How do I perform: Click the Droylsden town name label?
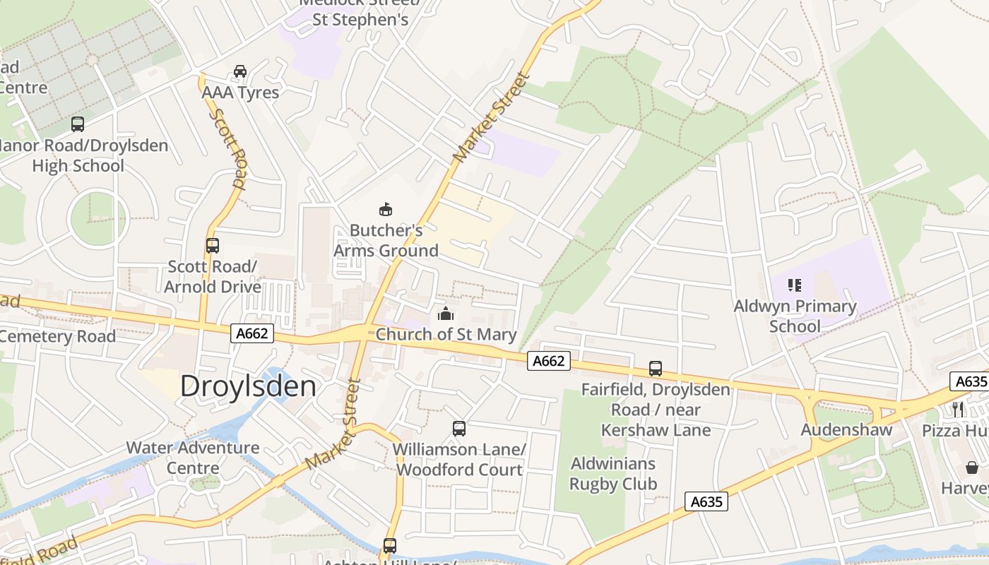(248, 386)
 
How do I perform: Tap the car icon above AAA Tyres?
(240, 71)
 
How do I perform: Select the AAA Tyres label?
(240, 93)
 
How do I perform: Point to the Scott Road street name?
(228, 148)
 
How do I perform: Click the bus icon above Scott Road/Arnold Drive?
(213, 246)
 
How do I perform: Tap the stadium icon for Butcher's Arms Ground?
(386, 209)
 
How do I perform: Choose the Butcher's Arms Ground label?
(386, 241)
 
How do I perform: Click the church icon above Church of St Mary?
(446, 314)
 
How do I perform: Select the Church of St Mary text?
(446, 335)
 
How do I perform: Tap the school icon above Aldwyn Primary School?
(795, 285)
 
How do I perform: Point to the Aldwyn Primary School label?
(795, 316)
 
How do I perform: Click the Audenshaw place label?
(846, 430)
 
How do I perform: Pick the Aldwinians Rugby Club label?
(613, 474)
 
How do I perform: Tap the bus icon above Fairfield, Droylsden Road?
(656, 369)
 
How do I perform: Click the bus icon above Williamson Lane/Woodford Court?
(459, 429)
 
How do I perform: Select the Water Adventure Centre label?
(193, 458)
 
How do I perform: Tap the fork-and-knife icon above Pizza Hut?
(958, 409)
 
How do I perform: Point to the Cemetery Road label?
(57, 336)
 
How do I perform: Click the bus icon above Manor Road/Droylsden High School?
(78, 124)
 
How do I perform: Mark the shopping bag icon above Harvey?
(972, 468)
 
